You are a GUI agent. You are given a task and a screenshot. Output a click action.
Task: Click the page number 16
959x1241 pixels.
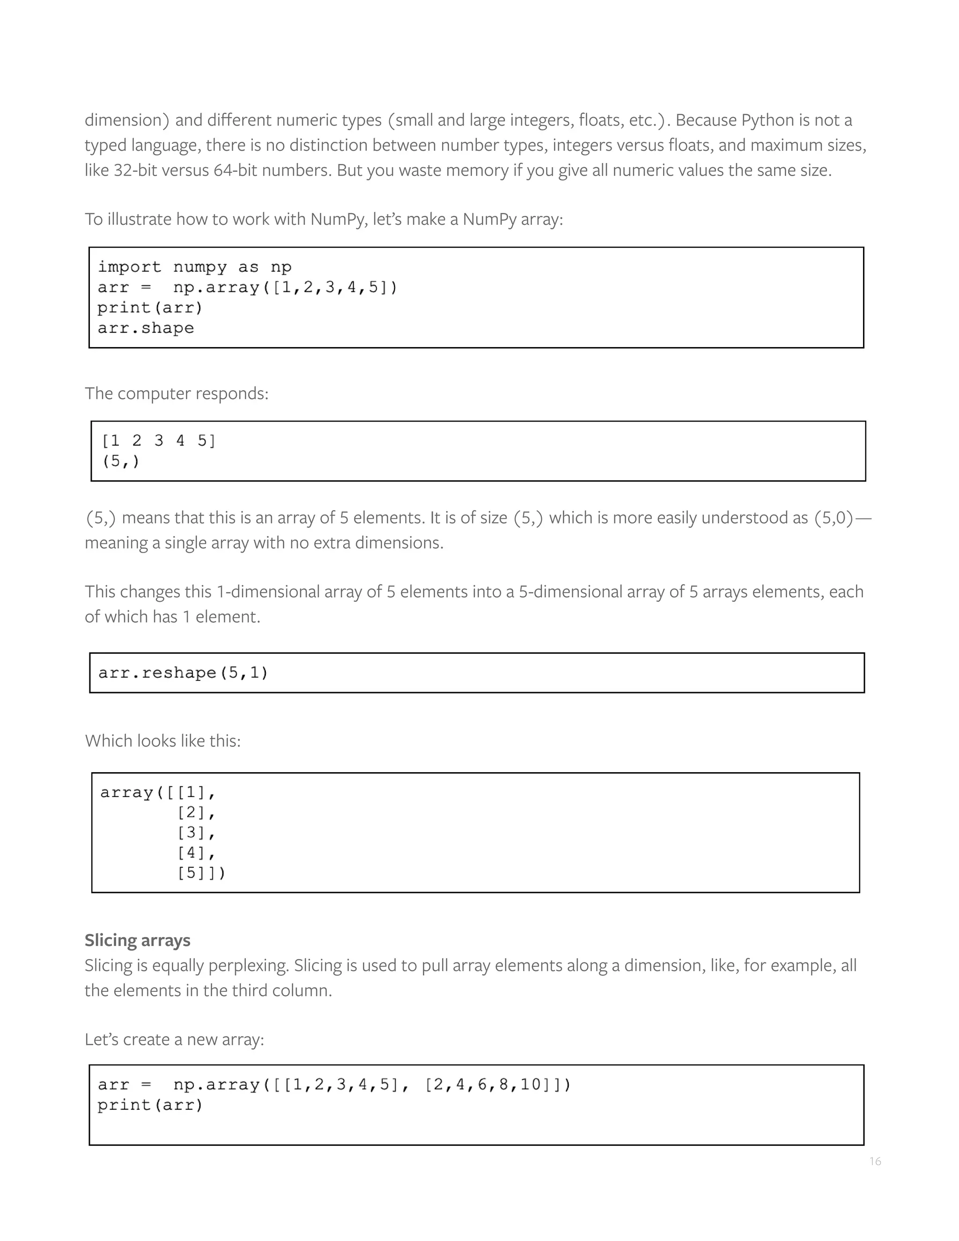875,1161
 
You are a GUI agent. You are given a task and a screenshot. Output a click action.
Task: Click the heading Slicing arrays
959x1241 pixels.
138,940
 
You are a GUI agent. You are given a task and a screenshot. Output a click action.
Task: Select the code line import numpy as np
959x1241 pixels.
194,266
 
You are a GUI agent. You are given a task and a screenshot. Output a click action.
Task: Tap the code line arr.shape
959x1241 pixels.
146,328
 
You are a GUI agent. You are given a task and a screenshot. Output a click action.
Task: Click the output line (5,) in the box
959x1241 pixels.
120,461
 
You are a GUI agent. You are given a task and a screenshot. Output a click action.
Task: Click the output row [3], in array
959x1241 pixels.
196,833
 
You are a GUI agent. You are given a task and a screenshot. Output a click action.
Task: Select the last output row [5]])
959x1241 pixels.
201,872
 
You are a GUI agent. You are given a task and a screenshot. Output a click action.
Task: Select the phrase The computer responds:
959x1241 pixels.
176,393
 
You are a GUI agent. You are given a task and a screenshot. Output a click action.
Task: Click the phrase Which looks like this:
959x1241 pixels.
162,740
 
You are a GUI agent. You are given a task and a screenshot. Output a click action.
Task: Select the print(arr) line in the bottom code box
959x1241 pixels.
150,1105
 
